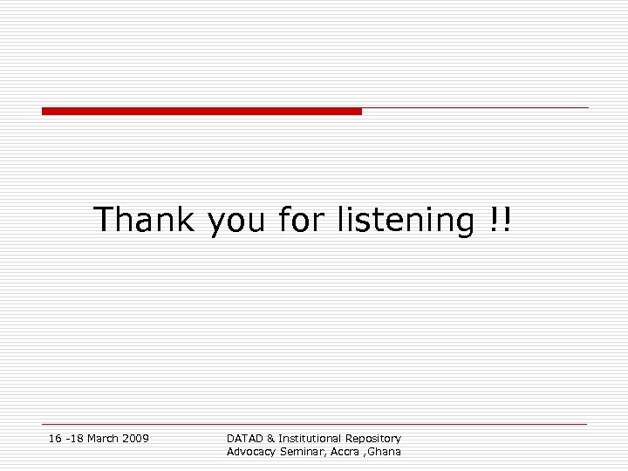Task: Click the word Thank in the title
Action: click(144, 219)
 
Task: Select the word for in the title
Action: click(303, 219)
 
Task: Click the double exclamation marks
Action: click(501, 219)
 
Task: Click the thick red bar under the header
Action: click(201, 112)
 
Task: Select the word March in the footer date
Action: click(103, 438)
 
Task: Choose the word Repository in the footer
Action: click(373, 439)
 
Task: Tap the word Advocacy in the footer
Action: click(251, 452)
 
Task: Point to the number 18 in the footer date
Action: click(74, 438)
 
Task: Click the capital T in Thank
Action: click(104, 219)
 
